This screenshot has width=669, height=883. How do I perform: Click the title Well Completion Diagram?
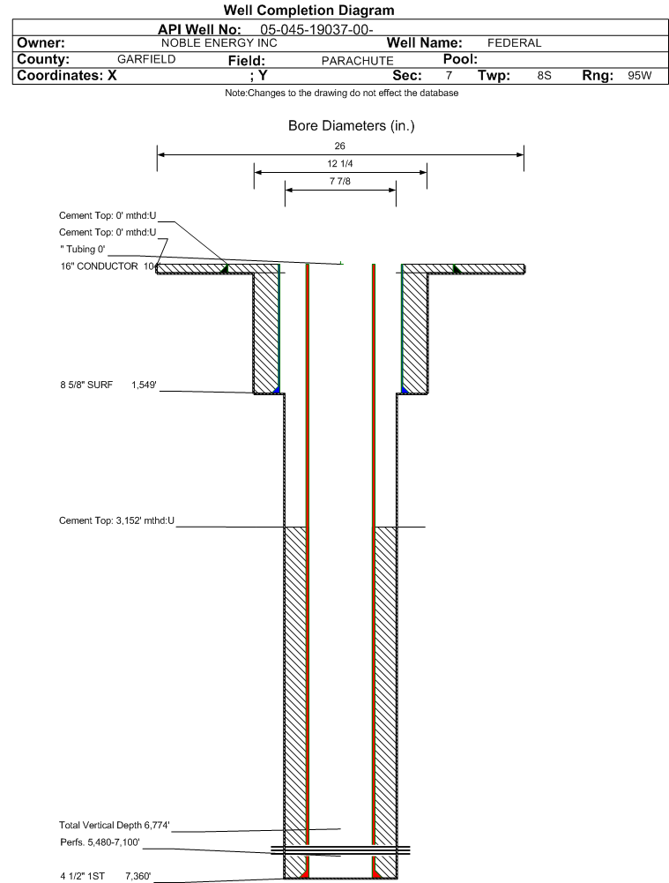pos(308,10)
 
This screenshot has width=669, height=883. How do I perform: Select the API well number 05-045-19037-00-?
pos(316,30)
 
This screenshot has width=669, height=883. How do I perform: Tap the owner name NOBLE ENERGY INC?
pos(219,43)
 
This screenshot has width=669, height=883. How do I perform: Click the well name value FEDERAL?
pos(514,43)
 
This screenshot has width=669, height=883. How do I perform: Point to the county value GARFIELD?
pos(146,59)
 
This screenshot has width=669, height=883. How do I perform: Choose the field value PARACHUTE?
pos(357,61)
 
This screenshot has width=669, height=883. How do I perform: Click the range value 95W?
pos(640,76)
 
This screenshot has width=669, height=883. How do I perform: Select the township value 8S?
pos(544,76)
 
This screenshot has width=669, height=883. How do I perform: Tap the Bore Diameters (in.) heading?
pos(351,125)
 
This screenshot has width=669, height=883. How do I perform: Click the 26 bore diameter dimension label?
pos(340,146)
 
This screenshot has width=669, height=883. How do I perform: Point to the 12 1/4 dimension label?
pos(340,163)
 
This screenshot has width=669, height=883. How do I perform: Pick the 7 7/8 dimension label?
pos(340,181)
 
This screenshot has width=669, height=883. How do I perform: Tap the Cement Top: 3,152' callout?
pos(116,520)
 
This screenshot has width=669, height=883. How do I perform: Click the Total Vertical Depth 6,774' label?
pos(115,825)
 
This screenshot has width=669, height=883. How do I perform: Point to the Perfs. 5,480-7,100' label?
pos(100,842)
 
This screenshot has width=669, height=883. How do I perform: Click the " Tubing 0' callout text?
pos(83,249)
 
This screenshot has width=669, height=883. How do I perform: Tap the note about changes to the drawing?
pos(341,93)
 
